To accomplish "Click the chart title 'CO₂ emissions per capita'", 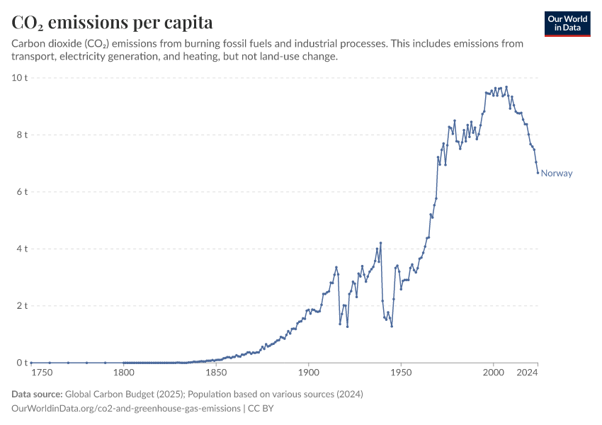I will (113, 22).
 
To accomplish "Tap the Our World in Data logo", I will (567, 23).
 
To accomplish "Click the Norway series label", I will (557, 174).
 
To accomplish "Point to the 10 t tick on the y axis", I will (19, 77).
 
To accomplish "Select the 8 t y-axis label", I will (22, 135).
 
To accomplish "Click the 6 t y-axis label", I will (22, 192).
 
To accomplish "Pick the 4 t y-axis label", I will (22, 249).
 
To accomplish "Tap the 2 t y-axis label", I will (22, 306).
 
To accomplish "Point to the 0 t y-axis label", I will (22, 363).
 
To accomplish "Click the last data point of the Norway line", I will (538, 172).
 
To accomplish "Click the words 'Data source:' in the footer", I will (37, 394).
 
